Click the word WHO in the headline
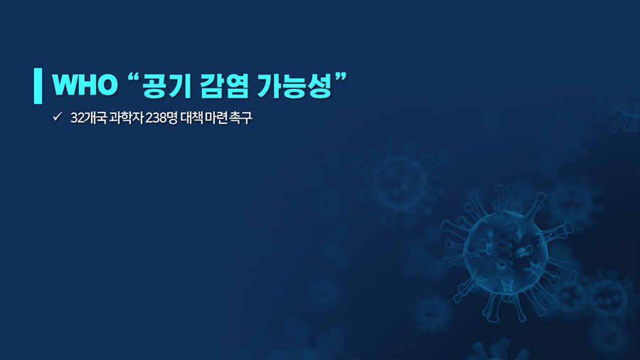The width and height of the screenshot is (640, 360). click(x=85, y=85)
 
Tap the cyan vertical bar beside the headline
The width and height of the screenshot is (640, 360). click(x=38, y=85)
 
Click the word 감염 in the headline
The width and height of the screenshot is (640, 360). click(x=224, y=85)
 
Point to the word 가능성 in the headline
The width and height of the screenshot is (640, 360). click(x=294, y=85)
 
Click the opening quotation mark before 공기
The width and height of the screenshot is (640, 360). click(x=134, y=78)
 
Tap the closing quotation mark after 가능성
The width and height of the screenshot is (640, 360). click(x=341, y=78)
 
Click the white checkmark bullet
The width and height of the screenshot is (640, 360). click(x=57, y=117)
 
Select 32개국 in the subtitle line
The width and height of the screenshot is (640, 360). click(x=89, y=118)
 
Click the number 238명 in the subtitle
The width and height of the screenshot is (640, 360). click(x=161, y=118)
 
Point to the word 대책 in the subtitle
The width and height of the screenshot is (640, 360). click(x=191, y=118)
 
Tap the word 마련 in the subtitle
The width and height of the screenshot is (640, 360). click(x=216, y=118)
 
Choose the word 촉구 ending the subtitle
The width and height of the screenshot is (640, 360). click(x=241, y=118)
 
